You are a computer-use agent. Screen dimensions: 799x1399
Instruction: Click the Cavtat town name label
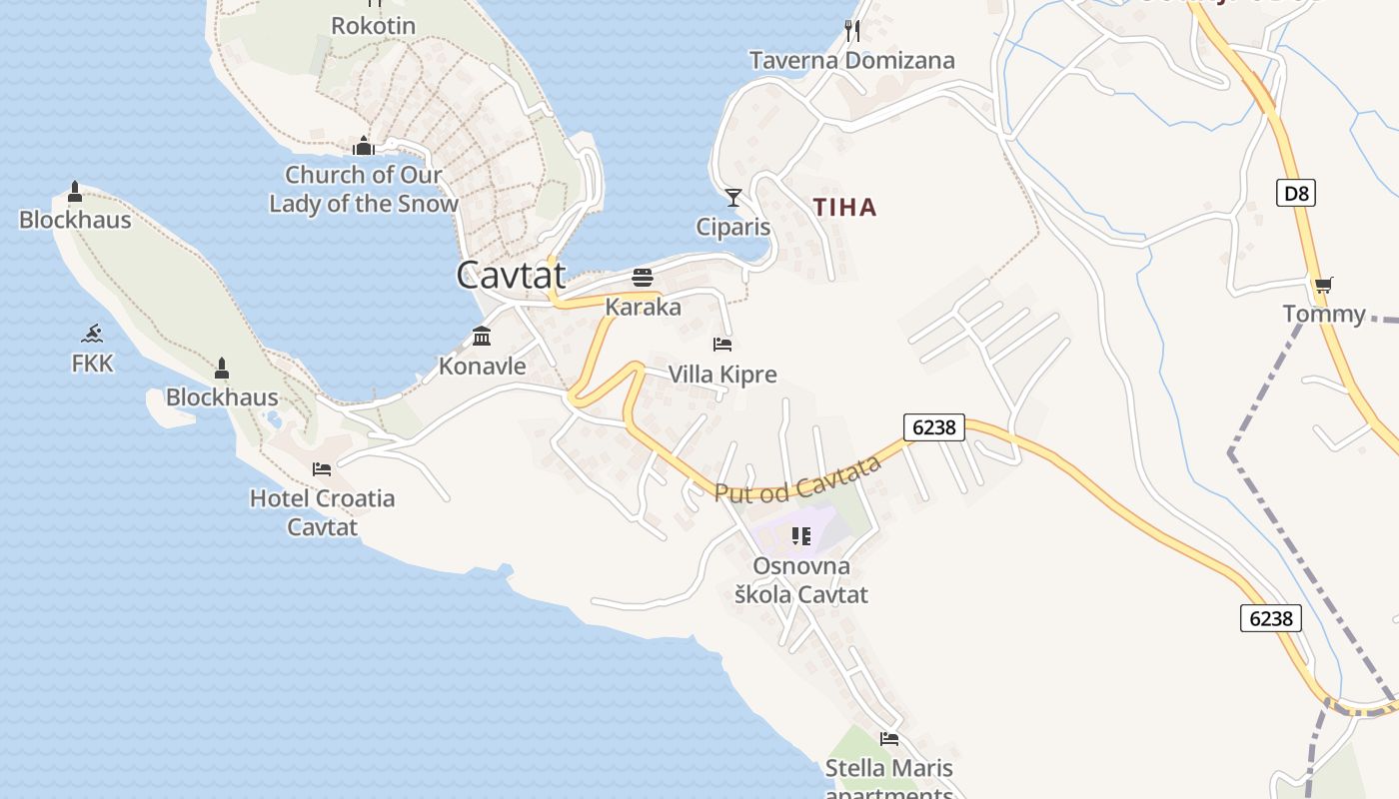click(511, 275)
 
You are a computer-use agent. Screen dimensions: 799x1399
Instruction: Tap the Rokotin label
click(373, 26)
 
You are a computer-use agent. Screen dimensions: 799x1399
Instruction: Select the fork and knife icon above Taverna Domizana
click(852, 30)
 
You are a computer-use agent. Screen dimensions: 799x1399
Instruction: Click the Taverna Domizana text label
click(852, 61)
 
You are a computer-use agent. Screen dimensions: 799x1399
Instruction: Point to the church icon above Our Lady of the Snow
click(363, 147)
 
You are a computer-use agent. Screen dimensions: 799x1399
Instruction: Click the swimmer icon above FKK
click(92, 334)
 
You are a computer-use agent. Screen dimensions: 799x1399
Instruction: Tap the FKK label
click(92, 364)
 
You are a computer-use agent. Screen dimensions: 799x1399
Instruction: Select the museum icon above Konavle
click(482, 336)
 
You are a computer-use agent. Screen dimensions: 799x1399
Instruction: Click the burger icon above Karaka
click(642, 277)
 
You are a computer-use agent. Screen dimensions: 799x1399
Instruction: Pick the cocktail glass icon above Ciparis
click(733, 197)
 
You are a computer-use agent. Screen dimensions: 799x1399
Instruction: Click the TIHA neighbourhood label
click(844, 208)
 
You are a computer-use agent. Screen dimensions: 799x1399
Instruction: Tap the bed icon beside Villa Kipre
click(722, 345)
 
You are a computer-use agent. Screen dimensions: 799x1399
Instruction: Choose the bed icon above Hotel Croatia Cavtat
click(322, 468)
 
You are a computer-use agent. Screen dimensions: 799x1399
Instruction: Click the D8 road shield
click(1295, 193)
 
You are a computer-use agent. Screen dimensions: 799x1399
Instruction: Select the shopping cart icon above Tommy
click(1324, 286)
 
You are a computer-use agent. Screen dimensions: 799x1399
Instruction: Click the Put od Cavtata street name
click(798, 479)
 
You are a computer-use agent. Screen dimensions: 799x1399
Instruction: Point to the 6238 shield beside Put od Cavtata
click(934, 427)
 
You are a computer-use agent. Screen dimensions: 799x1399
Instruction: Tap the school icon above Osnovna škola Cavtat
click(800, 536)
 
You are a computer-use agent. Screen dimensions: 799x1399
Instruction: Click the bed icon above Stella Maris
click(888, 739)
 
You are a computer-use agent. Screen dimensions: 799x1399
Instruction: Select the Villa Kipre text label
click(721, 376)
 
